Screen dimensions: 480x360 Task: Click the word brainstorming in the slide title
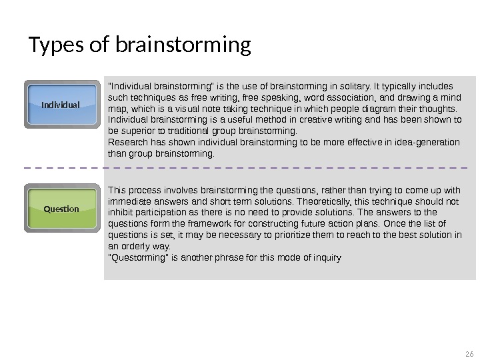[183, 45]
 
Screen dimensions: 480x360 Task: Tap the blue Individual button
[61, 105]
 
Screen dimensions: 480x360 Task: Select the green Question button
[61, 209]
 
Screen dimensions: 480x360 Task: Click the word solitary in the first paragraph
[345, 86]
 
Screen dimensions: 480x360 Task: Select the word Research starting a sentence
[126, 143]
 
